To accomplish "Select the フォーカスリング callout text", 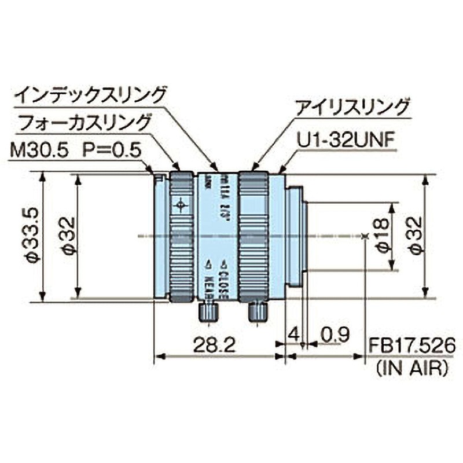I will [x=84, y=122].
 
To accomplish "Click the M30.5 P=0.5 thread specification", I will [x=76, y=151].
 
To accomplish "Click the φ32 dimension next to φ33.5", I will [x=68, y=237].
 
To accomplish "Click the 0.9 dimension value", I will [x=335, y=335].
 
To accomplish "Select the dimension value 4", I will [x=293, y=335].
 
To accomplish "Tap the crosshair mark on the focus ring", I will [x=182, y=204].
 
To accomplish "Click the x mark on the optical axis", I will [x=364, y=236].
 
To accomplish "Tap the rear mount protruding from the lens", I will [x=297, y=236].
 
